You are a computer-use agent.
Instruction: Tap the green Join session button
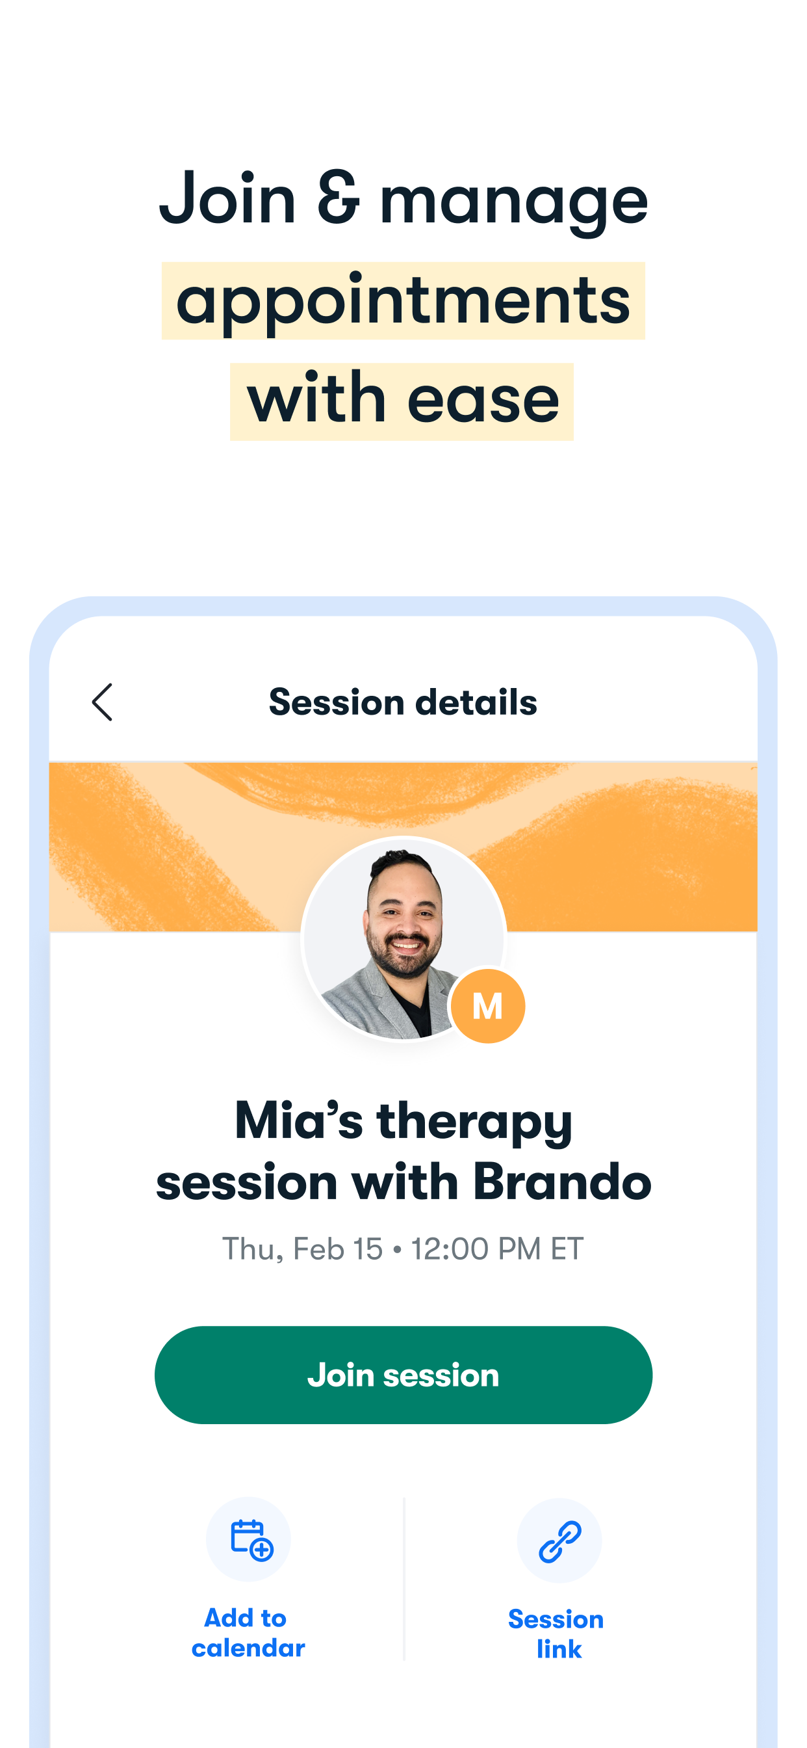(403, 1375)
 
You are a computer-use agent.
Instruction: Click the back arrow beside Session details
(102, 702)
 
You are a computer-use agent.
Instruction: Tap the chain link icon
(559, 1541)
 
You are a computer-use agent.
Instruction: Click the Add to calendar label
(248, 1633)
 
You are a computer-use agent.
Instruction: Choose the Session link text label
(556, 1634)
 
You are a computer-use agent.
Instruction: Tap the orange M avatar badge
(487, 1005)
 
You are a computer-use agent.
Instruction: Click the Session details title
(403, 702)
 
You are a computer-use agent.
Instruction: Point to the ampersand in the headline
(338, 198)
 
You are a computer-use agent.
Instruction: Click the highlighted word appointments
(403, 301)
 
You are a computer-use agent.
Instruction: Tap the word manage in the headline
(513, 202)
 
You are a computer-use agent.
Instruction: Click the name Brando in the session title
(562, 1182)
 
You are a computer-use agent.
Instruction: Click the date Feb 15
(338, 1249)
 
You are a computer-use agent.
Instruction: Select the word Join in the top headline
(228, 198)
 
